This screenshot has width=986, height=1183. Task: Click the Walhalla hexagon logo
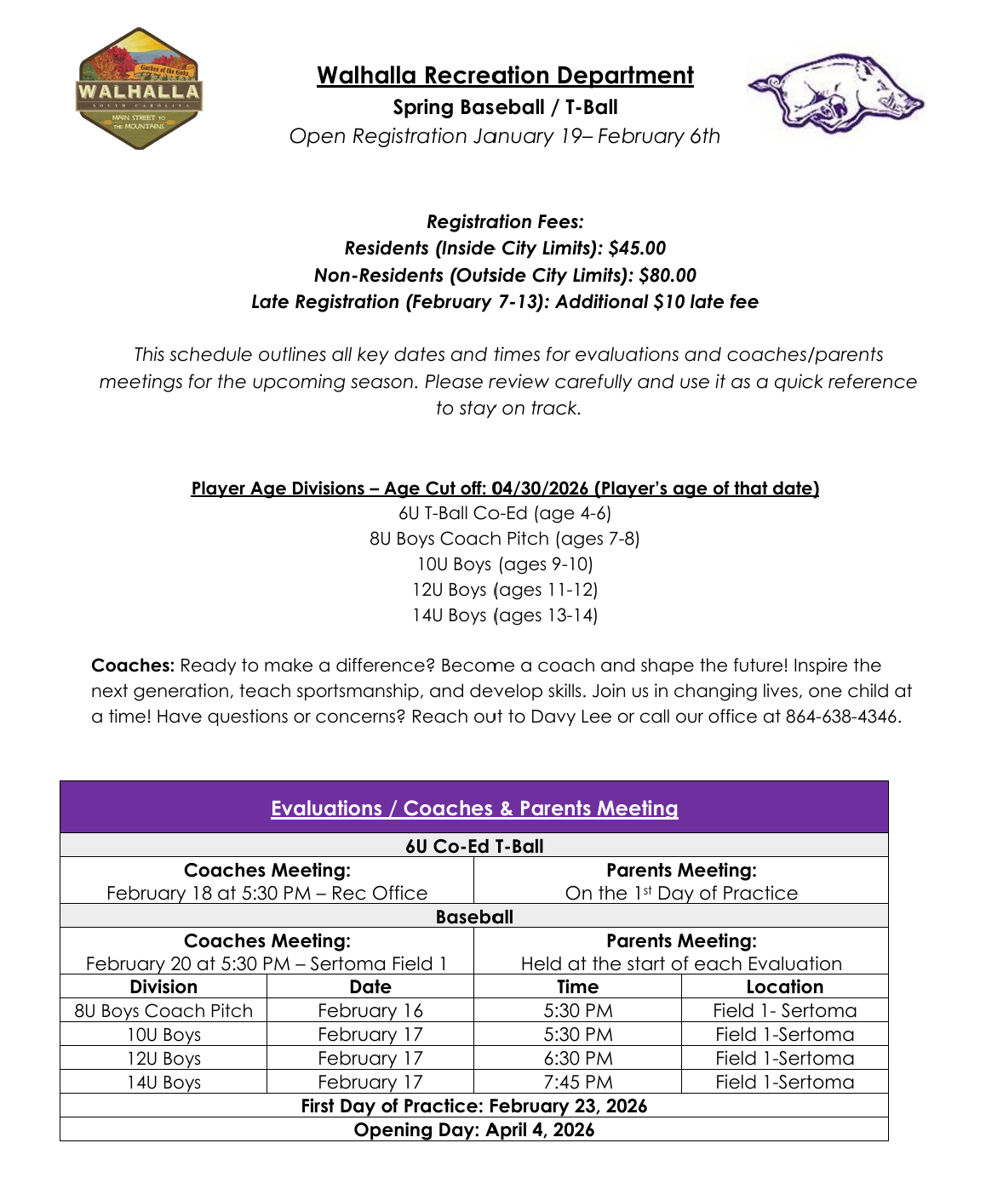(140, 89)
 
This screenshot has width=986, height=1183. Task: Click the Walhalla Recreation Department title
(505, 76)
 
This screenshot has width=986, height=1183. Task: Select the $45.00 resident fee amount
(637, 249)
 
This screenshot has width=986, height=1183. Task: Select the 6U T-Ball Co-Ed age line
(505, 513)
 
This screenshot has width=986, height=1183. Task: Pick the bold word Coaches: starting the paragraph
(133, 666)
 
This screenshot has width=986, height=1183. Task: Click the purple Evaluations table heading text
(474, 809)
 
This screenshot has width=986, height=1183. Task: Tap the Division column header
(163, 987)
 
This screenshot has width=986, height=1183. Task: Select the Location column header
(784, 987)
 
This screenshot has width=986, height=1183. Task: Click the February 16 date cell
(370, 1011)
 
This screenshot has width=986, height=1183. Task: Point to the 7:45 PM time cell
(577, 1083)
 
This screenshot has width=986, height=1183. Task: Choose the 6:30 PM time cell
(577, 1059)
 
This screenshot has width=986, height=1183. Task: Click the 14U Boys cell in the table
(163, 1083)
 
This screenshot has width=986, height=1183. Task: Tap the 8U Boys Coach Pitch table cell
(163, 1011)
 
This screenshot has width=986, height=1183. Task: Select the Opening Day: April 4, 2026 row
(474, 1130)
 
